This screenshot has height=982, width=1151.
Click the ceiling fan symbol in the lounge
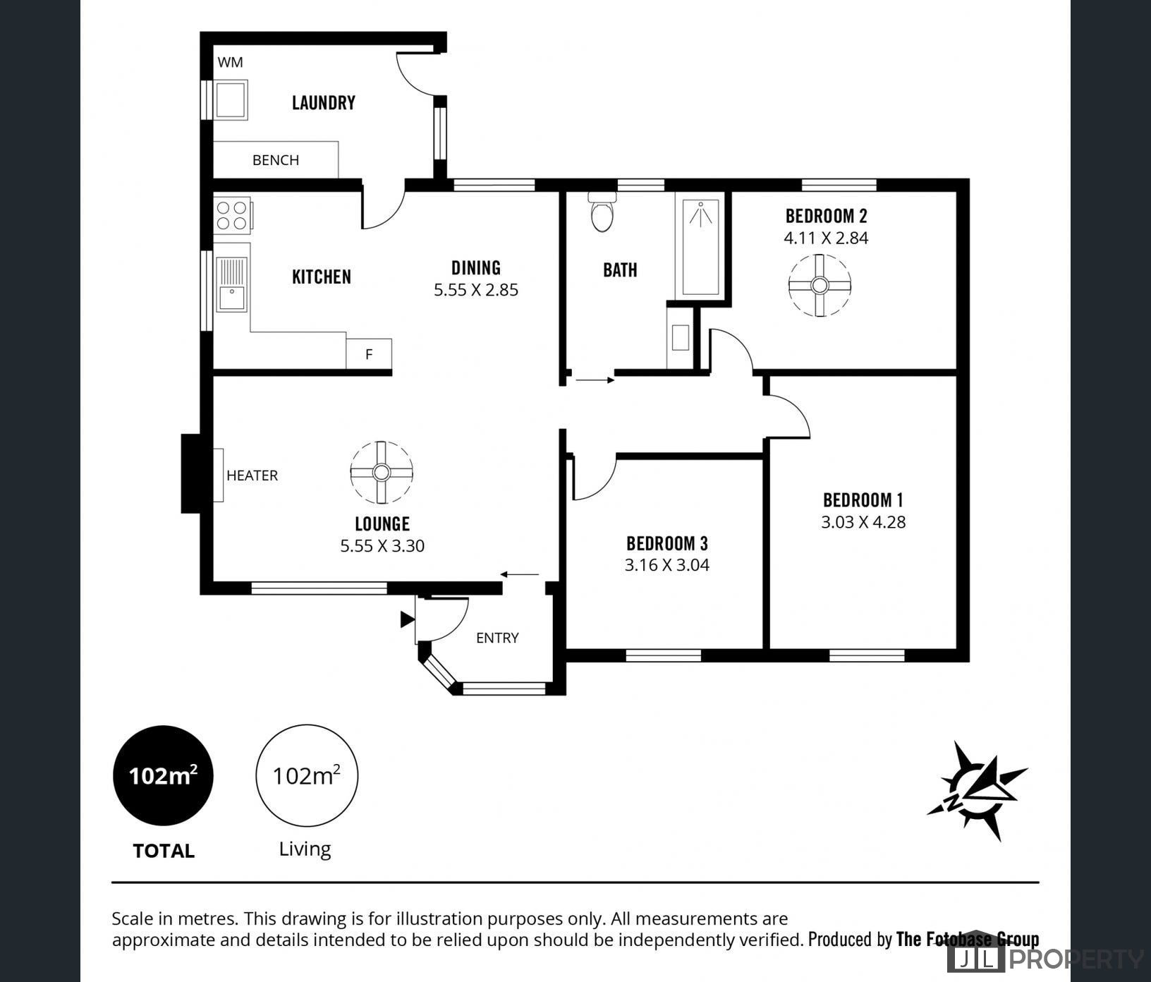tap(382, 473)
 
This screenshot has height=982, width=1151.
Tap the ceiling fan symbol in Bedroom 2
tap(820, 285)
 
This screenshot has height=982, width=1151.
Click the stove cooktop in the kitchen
tap(232, 215)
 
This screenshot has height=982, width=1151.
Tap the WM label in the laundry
tap(230, 62)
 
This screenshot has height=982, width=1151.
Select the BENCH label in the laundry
tap(276, 160)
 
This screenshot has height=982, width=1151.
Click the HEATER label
tap(252, 475)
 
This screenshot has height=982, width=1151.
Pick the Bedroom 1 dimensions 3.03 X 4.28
tap(863, 522)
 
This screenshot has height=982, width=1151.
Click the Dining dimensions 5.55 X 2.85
tap(476, 290)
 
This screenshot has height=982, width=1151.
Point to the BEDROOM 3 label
tap(666, 543)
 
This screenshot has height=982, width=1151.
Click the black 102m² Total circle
tap(163, 775)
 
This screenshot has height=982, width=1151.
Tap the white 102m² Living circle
tap(306, 775)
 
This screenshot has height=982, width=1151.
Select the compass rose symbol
tap(978, 790)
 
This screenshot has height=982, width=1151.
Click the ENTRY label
tap(497, 638)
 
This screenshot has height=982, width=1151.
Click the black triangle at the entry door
tap(407, 619)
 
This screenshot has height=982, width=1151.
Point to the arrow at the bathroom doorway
tap(595, 380)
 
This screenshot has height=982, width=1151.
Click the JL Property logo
tap(1047, 959)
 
